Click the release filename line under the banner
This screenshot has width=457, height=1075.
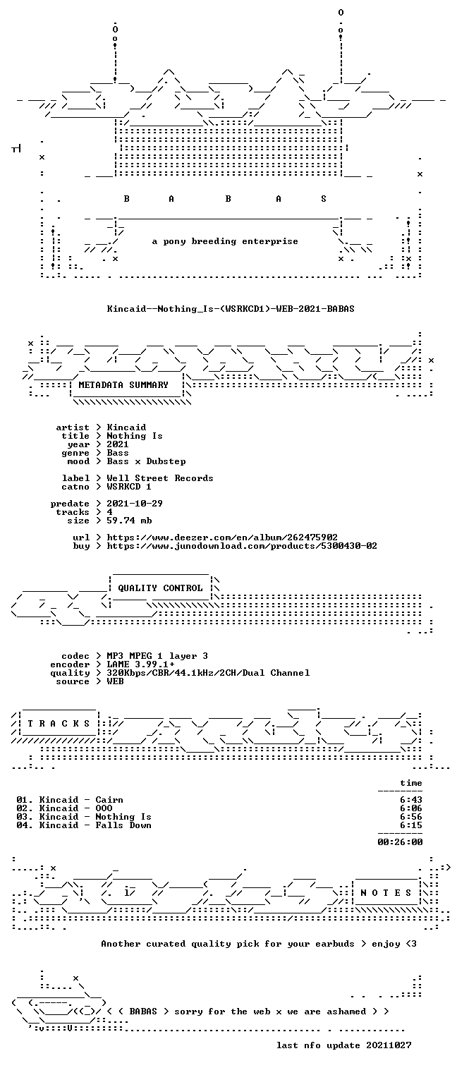tap(231, 309)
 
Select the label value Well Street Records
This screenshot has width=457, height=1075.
tap(160, 478)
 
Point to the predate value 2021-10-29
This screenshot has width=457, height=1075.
tap(135, 504)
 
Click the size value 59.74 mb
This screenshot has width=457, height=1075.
tap(129, 521)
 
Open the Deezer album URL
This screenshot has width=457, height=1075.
tap(221, 537)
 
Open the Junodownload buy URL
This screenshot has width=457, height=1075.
tap(241, 546)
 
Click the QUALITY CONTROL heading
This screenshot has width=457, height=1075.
tap(160, 588)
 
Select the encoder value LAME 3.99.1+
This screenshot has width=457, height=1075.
tap(140, 664)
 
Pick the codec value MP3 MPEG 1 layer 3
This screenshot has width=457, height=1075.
tap(157, 656)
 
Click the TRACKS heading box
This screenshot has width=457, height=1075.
tap(59, 724)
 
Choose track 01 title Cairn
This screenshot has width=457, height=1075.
tap(109, 800)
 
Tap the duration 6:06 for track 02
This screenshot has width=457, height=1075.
tap(411, 808)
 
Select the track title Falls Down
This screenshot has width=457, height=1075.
tap(123, 825)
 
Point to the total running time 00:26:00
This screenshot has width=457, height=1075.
tap(400, 842)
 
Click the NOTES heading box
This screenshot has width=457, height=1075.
tap(386, 892)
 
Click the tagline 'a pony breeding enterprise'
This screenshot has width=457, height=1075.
tap(225, 241)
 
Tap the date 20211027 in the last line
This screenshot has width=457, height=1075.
tap(389, 1045)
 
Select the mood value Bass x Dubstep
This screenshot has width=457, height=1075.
tap(146, 462)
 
